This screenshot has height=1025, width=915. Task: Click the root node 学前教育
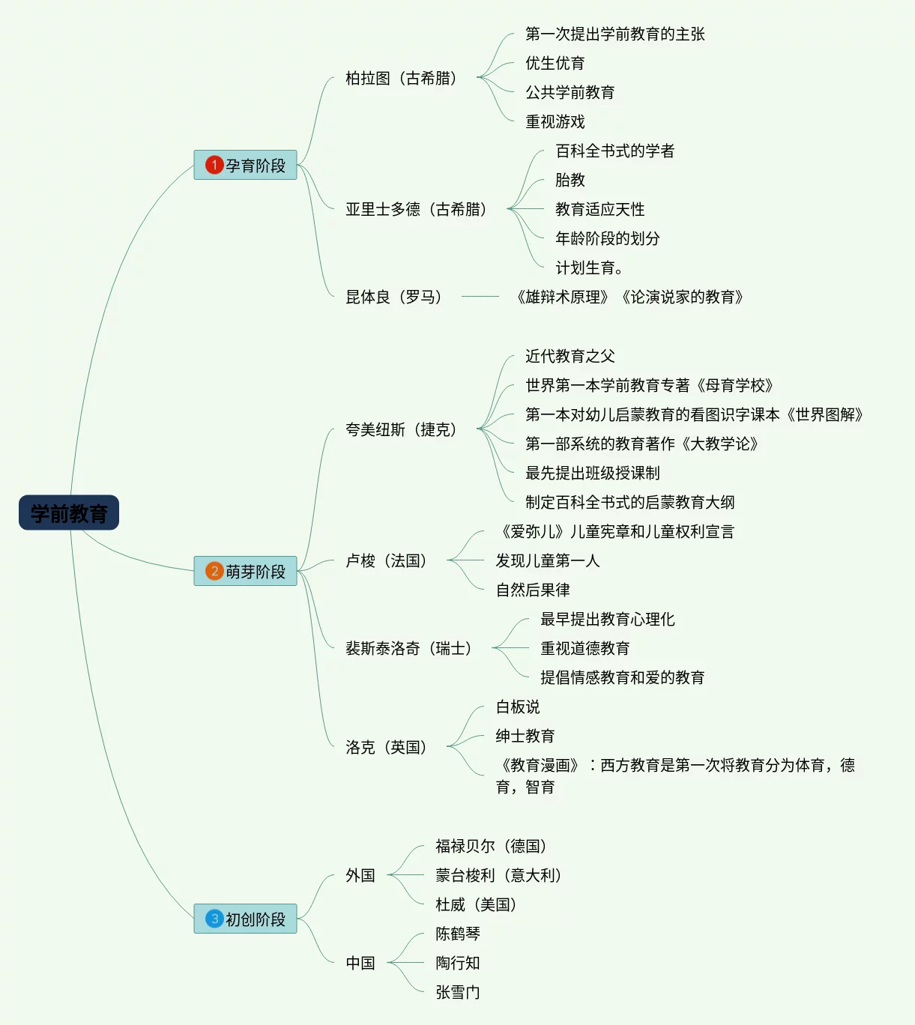69,513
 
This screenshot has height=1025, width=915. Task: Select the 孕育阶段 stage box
246,165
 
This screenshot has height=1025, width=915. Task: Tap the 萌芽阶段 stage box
246,571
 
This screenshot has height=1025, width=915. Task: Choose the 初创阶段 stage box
246,919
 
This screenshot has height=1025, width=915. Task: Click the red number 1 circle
214,165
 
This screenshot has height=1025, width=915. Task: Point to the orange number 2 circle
214,571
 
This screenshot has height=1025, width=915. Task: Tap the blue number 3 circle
214,919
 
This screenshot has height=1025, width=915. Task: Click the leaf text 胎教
570,180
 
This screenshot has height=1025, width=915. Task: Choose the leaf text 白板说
518,707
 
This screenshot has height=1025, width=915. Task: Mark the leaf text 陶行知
458,963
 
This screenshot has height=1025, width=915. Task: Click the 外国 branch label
360,875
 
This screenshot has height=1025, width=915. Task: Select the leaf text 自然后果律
533,590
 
